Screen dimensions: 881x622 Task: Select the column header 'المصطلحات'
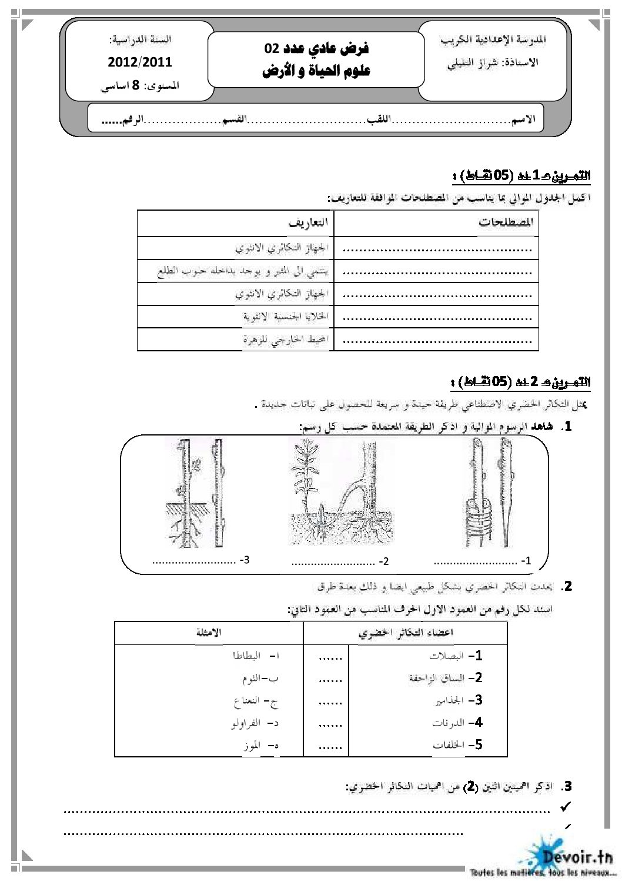coord(505,223)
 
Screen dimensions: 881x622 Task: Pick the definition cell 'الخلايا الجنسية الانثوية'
coord(285,317)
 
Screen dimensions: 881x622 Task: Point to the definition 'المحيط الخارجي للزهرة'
coord(285,340)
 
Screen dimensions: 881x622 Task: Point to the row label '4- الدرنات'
coord(464,722)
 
